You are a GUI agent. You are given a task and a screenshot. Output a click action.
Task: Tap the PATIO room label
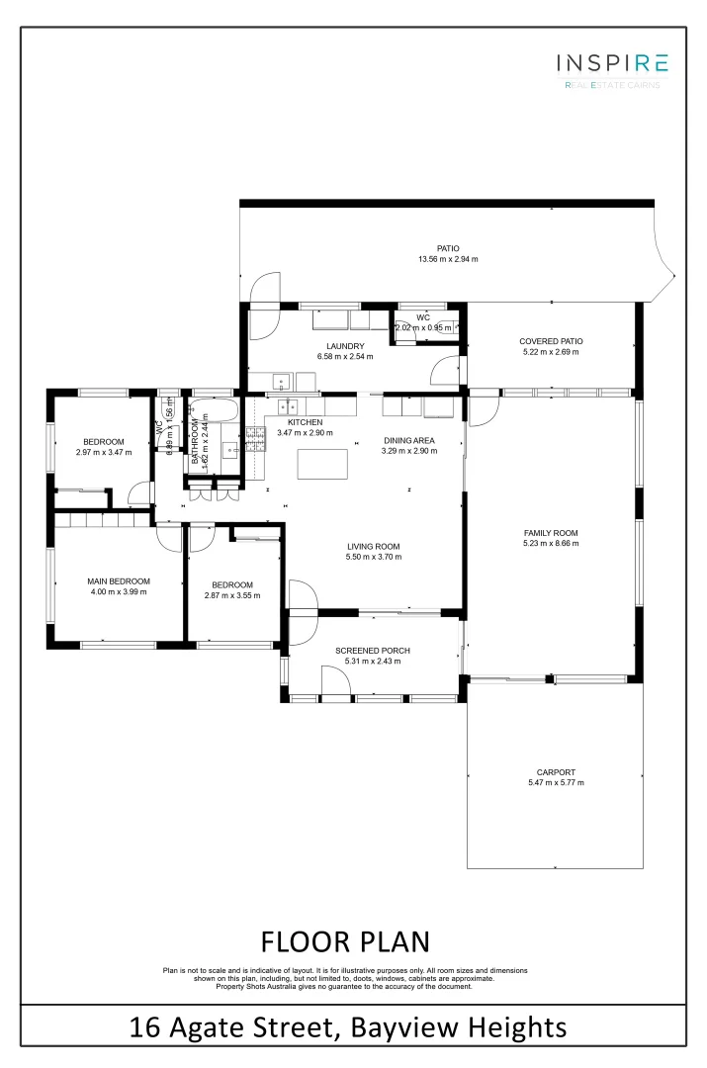(448, 248)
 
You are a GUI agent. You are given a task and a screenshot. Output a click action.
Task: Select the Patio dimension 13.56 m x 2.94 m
(448, 259)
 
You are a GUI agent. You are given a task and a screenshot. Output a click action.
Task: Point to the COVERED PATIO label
(551, 341)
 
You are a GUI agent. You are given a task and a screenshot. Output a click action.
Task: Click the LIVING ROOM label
(373, 546)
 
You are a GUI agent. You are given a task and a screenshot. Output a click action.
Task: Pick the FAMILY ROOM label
(551, 533)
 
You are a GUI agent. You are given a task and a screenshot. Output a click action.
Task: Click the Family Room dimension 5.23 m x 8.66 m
(551, 544)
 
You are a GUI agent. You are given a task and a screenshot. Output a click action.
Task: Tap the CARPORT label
(556, 772)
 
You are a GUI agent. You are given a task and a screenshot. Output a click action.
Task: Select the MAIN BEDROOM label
(118, 580)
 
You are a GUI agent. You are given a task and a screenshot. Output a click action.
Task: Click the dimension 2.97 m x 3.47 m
(103, 452)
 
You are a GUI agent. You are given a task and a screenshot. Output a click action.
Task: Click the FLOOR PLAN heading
(345, 938)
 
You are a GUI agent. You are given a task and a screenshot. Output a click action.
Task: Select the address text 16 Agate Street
(234, 1027)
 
